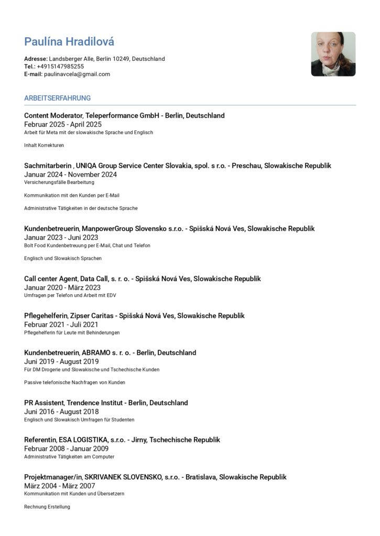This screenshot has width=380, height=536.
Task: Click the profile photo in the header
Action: point(333,54)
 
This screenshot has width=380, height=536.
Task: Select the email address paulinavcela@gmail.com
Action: point(77,74)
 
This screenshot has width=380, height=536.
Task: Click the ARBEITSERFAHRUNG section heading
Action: point(57,98)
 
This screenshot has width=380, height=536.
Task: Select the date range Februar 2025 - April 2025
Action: point(63,125)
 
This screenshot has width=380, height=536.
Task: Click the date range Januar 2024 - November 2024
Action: point(70,175)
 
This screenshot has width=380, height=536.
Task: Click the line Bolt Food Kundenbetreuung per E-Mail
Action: point(87,245)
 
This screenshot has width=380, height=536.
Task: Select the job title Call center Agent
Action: point(51,279)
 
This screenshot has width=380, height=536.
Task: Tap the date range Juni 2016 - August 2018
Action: point(61,412)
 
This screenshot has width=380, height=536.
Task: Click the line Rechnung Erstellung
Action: point(47,507)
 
